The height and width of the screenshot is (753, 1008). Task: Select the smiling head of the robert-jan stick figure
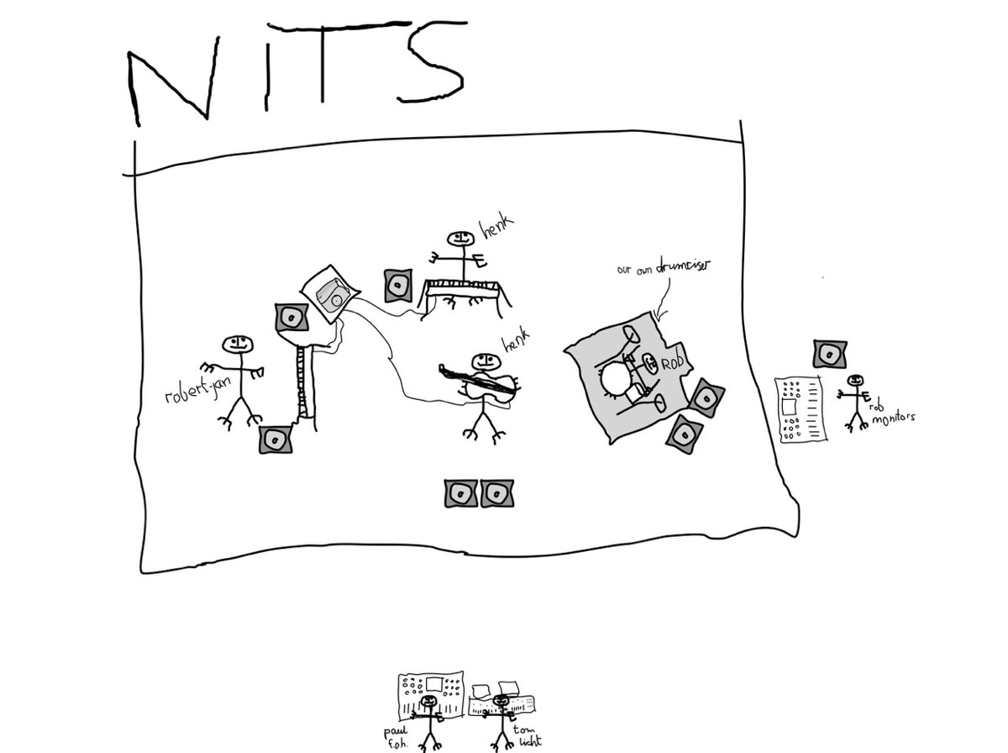point(236,344)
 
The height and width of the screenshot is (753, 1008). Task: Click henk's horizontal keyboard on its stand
point(466,288)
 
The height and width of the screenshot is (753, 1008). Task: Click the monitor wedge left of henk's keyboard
point(398,286)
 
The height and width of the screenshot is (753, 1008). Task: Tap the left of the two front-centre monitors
point(460,493)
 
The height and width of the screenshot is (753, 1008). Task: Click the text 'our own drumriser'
point(664,268)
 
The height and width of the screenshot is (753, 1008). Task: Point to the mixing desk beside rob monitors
point(801,408)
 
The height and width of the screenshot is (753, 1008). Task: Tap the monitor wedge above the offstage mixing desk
point(830,354)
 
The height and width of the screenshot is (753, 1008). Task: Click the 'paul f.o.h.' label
point(394,735)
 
